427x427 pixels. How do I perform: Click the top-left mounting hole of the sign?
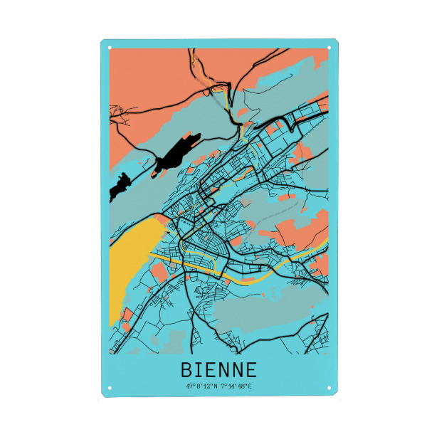pos(110,48)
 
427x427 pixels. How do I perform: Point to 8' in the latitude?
pos(199,386)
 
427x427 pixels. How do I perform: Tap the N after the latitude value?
pos(216,386)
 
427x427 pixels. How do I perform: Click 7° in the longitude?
pos(224,386)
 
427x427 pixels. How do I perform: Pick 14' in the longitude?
pos(232,386)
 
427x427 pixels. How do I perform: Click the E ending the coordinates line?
pos(251,386)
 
